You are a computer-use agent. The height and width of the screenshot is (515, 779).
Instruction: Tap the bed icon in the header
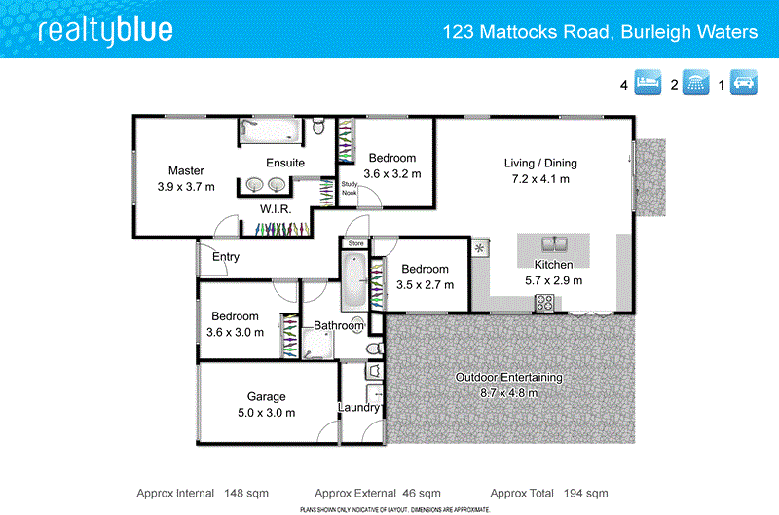649,84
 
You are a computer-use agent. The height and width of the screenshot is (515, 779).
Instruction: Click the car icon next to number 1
746,84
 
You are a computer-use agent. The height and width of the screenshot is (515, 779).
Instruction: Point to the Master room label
186,171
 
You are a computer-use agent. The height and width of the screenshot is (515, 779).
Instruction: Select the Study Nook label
349,188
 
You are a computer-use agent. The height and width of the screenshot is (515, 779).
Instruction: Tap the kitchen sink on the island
552,244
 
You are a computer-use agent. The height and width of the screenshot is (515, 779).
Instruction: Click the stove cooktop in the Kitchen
544,302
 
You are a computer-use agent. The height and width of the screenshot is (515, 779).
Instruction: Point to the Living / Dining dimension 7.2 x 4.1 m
537,179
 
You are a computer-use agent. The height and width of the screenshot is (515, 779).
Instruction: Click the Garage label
266,396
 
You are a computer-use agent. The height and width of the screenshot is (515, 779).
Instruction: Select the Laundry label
358,407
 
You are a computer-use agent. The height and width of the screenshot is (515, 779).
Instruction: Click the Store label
355,243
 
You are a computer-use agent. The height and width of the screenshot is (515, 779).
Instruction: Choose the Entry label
226,257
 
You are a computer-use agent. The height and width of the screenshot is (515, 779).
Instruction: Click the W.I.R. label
278,209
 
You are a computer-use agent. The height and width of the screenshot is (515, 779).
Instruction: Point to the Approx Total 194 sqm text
549,493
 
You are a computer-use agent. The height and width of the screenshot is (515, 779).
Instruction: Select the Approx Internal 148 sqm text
203,493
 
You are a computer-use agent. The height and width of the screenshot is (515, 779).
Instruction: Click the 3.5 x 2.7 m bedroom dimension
426,285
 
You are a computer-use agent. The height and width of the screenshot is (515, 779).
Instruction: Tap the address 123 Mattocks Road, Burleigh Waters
600,32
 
